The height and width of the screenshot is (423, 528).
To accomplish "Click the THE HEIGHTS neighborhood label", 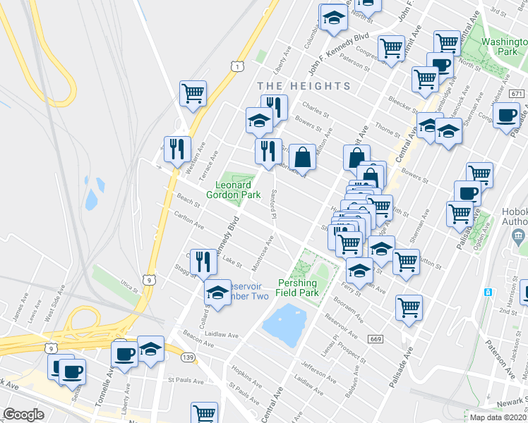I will coord(304,86).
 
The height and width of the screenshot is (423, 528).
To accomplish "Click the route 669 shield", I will coord(376,340).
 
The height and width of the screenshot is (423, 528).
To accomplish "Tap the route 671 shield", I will coord(517,94).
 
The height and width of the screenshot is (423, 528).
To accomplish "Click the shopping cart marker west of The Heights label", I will coord(193,93).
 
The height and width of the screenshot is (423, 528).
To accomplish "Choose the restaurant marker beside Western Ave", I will coord(177,149).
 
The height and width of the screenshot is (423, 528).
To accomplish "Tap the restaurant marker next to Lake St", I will coord(203,262).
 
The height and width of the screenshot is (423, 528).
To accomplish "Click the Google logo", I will coord(23,415).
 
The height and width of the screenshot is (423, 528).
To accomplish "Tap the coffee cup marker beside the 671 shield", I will coord(506,115).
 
